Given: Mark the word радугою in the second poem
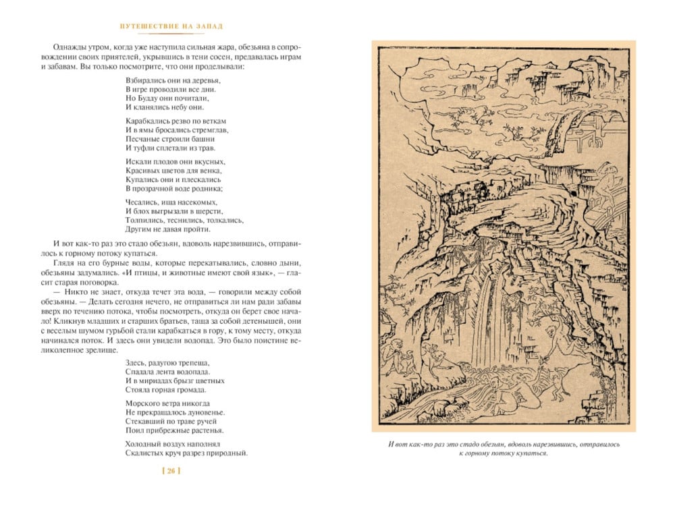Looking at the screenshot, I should [162, 362].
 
